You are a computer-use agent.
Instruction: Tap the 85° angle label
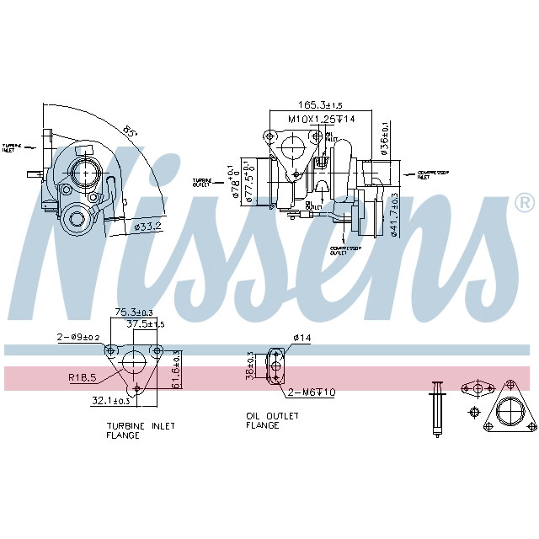tap(130, 132)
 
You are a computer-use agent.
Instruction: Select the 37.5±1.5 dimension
tap(145, 323)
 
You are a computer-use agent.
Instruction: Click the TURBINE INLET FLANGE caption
tap(140, 431)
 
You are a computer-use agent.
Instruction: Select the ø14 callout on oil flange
tap(302, 338)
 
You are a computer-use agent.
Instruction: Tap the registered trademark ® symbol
tap(523, 203)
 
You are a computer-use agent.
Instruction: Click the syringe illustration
tap(436, 408)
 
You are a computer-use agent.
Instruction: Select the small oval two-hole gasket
tap(477, 388)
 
